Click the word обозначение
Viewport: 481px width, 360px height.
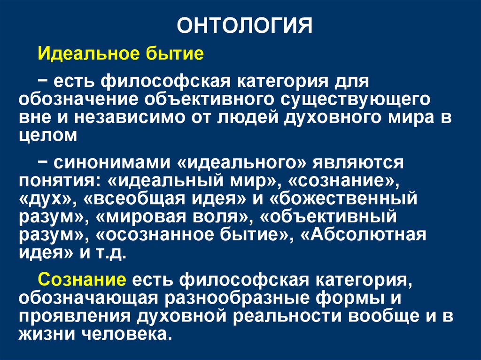pos(81,99)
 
